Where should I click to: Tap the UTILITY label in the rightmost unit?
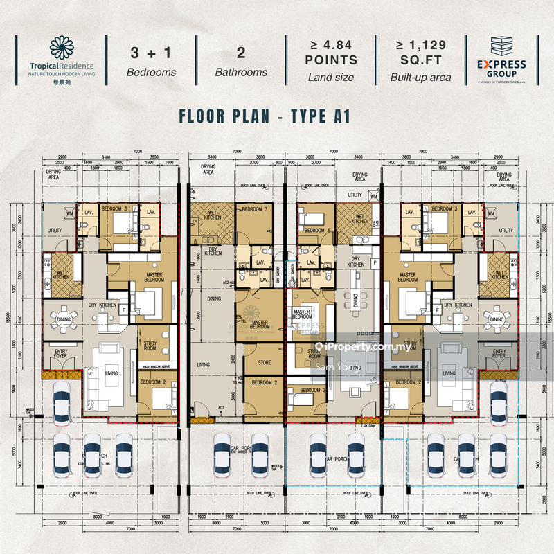(x=506, y=231)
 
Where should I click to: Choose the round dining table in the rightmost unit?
(x=496, y=319)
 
